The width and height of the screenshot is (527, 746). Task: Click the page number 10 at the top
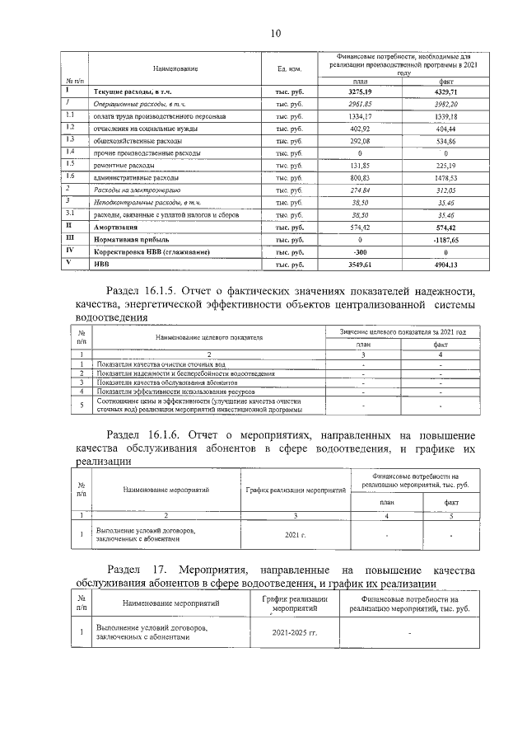pyautogui.click(x=274, y=33)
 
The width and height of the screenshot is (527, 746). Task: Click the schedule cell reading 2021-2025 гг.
pyautogui.click(x=294, y=633)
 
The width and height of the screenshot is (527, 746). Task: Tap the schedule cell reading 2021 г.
pyautogui.click(x=294, y=536)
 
